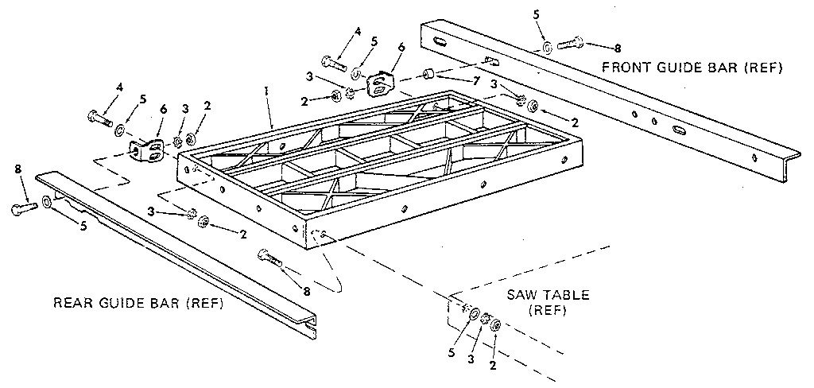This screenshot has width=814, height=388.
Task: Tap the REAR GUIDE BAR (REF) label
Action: coord(138,303)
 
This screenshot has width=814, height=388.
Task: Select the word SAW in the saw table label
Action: coord(522,295)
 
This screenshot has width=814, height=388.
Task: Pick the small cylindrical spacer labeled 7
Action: coord(429,76)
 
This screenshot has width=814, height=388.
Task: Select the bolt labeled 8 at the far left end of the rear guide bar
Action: coord(24,208)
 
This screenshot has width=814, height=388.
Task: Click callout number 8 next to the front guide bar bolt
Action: coord(616,48)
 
